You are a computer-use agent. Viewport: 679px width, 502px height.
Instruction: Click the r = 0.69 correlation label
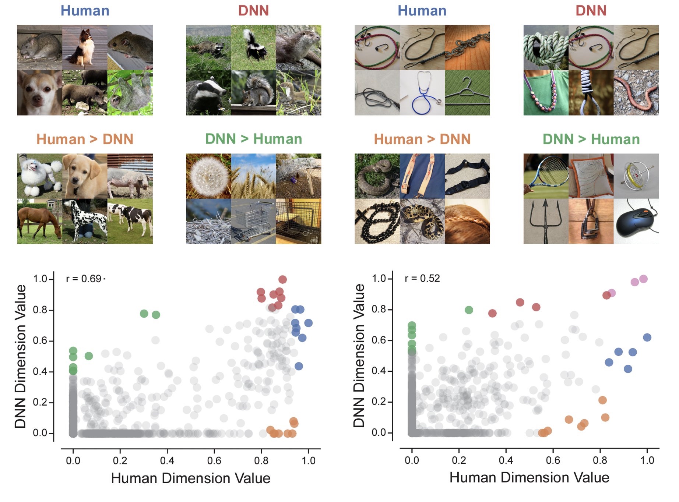84,279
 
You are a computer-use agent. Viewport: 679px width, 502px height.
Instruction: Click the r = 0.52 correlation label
422,279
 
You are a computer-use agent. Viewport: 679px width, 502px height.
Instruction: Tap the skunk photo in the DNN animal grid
253,47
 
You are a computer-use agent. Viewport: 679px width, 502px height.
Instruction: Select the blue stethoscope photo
422,93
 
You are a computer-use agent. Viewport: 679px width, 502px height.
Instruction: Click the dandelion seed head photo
208,176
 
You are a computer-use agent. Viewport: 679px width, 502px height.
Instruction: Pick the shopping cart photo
253,222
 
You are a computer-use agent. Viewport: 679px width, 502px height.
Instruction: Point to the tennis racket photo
546,176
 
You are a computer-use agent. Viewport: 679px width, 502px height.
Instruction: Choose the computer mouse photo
636,222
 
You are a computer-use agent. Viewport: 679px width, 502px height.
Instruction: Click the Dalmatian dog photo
85,222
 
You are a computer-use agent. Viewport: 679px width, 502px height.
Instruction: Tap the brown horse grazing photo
39,222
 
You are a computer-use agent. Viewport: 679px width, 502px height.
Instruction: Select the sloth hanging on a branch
130,93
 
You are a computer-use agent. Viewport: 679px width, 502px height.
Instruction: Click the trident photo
546,222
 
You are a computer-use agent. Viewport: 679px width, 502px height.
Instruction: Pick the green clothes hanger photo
467,93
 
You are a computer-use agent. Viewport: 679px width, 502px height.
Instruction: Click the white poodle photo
39,176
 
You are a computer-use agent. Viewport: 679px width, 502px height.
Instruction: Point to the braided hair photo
467,222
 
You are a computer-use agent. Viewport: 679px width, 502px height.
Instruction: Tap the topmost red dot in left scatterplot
282,280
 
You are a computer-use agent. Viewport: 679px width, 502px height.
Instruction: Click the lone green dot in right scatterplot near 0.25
469,310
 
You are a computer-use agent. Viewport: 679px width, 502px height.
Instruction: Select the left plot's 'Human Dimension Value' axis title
191,478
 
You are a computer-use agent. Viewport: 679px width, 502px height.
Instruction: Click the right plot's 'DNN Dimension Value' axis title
359,356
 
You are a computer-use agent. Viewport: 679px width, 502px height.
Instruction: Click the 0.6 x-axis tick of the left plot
214,460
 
